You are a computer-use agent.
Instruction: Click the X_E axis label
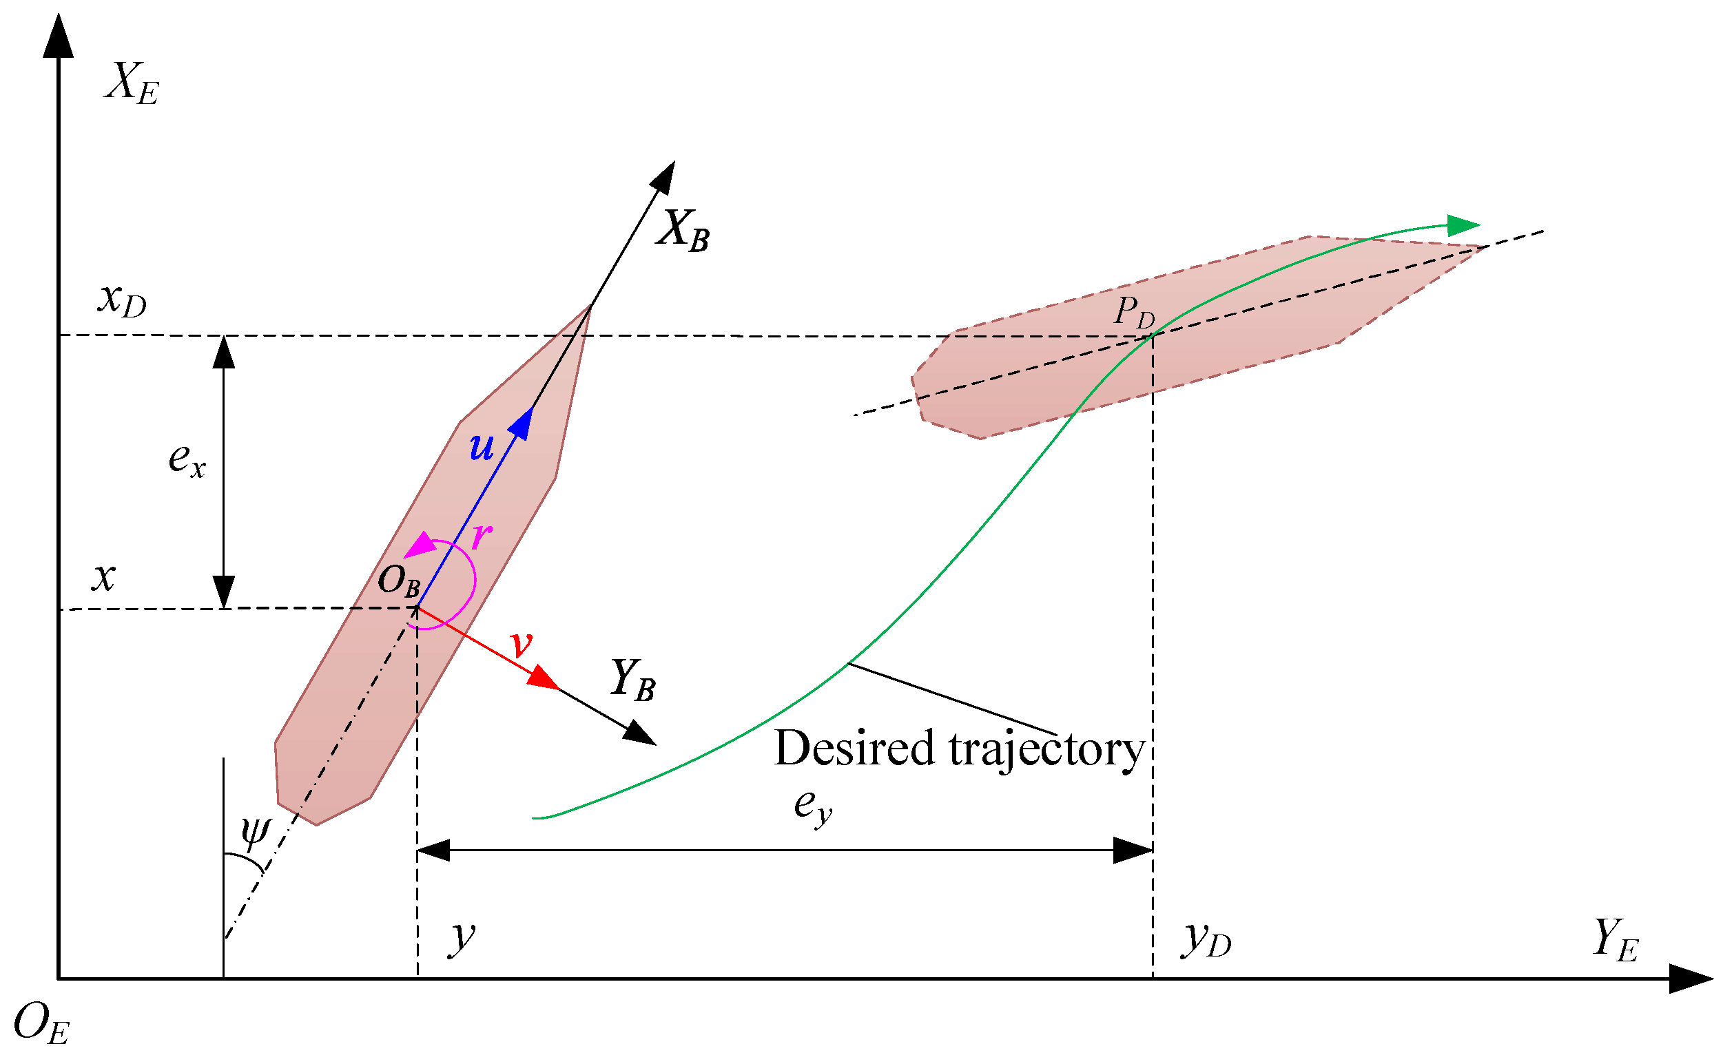click(132, 85)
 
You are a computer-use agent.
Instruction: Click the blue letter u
click(482, 446)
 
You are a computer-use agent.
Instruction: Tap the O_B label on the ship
click(400, 581)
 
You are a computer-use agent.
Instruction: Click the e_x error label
click(187, 461)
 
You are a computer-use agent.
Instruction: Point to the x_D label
click(123, 301)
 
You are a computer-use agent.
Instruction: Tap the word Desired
click(854, 749)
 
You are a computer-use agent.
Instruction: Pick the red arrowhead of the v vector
click(544, 678)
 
